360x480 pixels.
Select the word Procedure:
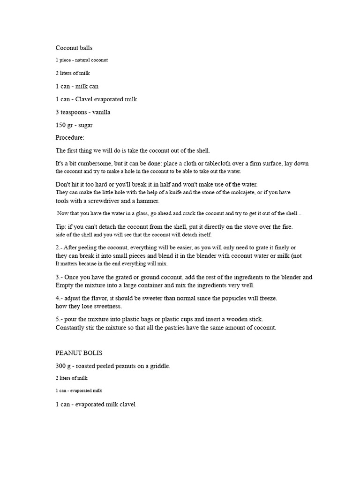point(70,138)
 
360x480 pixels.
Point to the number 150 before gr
point(61,125)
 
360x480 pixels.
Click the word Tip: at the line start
point(61,227)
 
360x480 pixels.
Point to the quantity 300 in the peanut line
point(61,366)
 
